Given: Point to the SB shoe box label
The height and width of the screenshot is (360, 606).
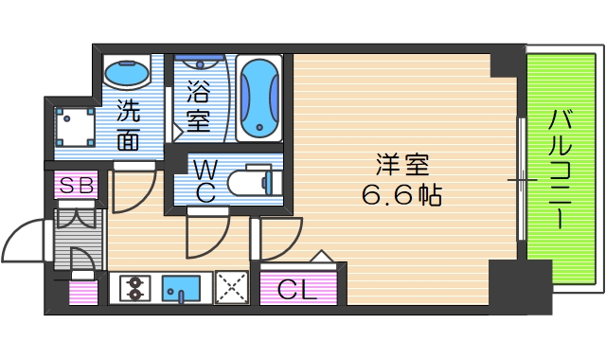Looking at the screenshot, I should [75, 187].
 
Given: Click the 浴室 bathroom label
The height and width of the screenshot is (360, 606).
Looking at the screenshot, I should [198, 107].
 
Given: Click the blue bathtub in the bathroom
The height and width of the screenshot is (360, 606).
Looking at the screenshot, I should [258, 99].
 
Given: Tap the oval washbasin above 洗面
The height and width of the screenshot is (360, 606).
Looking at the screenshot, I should [126, 73].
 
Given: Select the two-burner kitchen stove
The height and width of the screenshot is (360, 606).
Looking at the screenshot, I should [134, 287].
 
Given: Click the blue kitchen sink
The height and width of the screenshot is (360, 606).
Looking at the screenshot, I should [183, 287].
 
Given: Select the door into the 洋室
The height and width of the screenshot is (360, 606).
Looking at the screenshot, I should [277, 239].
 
